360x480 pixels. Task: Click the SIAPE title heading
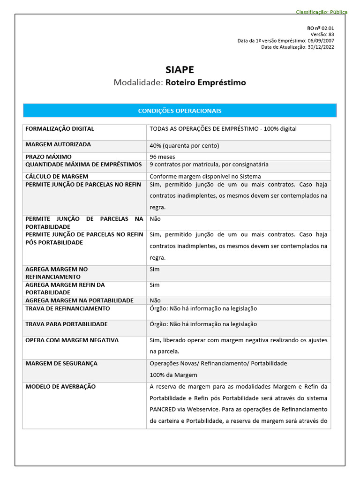[x=180, y=70]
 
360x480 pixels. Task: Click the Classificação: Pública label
[x=322, y=12]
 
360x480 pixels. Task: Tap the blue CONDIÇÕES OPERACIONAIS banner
[x=180, y=111]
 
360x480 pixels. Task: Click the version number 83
[x=331, y=34]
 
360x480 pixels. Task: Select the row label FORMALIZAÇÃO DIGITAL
[x=60, y=128]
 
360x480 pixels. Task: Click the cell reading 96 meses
[x=162, y=157]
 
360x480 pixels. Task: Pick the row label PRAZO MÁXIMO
[x=48, y=157]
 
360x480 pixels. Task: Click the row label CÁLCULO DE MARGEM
[x=57, y=176]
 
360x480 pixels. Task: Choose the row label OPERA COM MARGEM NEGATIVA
[x=72, y=340]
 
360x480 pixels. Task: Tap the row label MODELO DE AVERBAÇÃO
[x=60, y=387]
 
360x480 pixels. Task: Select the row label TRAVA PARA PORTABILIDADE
[x=66, y=324]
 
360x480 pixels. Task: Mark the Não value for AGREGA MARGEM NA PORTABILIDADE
[x=155, y=300]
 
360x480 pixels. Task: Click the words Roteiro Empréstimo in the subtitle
[x=206, y=82]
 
